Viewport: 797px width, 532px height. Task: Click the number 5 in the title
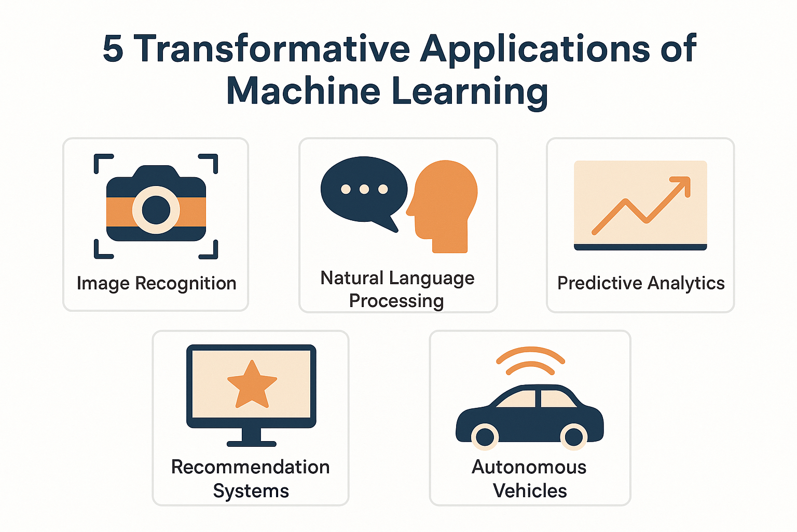point(113,49)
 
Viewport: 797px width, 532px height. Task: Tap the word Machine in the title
point(304,91)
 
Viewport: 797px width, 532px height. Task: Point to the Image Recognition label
point(156,284)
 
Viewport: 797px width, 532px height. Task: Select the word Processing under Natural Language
point(396,301)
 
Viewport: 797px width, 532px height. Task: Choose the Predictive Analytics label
point(641,283)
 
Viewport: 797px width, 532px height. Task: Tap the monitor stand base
point(252,443)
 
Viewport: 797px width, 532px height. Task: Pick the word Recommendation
point(251,467)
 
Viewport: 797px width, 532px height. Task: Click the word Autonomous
point(529,467)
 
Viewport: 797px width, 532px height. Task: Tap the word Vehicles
point(530,490)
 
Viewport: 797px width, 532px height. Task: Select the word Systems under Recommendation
point(251,491)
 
